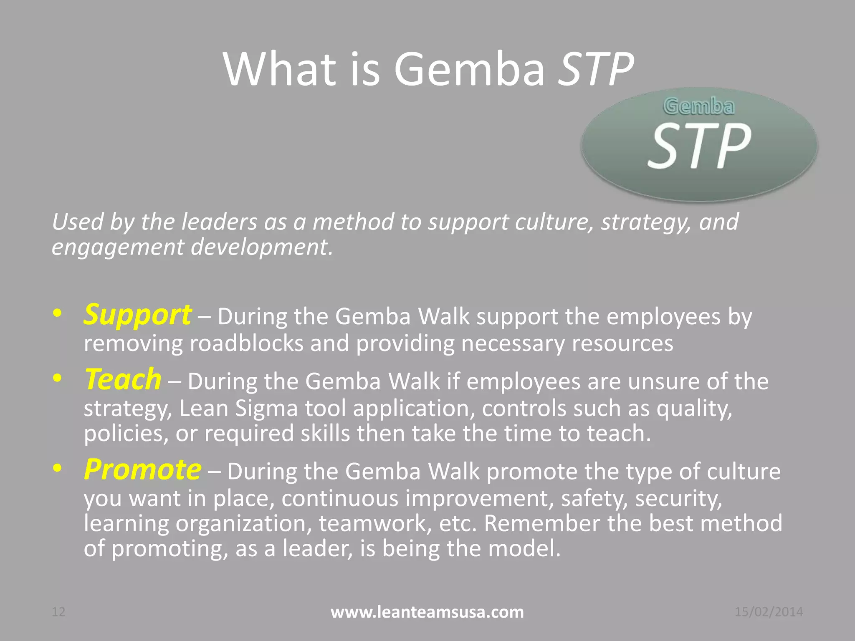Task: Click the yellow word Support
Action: point(137,315)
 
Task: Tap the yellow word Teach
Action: point(123,380)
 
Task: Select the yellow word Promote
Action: point(142,470)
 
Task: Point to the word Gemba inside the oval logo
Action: point(698,106)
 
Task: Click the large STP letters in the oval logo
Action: point(699,146)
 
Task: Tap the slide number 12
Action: point(58,612)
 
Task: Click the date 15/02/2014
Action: point(769,612)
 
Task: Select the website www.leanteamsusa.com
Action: point(427,612)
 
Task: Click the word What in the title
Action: point(280,69)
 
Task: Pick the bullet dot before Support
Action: point(58,313)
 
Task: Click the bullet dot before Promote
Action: point(58,468)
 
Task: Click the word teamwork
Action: point(375,523)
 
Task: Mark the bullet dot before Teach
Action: point(58,378)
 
